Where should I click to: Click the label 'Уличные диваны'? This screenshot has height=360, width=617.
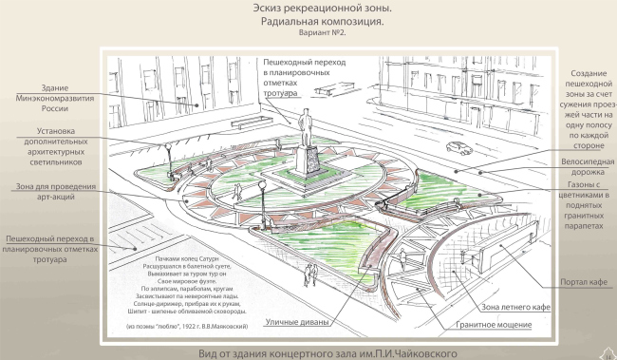coord(301,322)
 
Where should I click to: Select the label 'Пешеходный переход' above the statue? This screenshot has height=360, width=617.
coord(294,75)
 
